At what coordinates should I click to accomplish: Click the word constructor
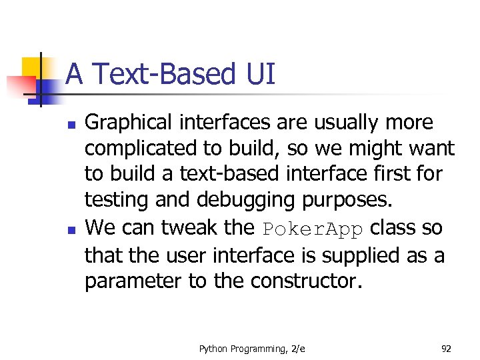(x=306, y=282)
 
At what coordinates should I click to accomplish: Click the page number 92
(x=446, y=348)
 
